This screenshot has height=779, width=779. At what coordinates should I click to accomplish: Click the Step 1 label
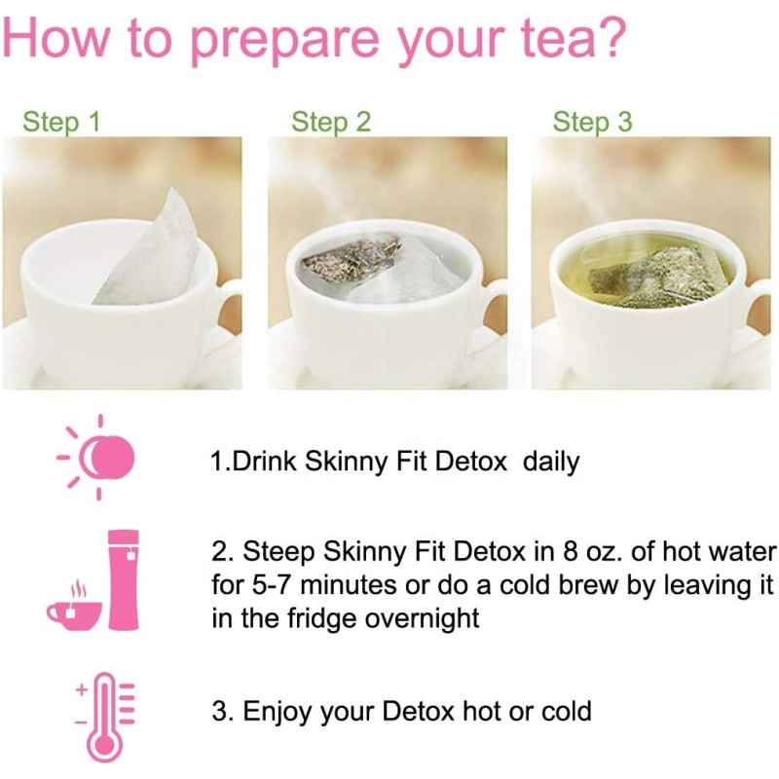coord(61,123)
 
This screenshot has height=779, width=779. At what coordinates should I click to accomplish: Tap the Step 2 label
coord(331,123)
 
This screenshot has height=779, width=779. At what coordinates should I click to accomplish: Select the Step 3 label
coord(592,123)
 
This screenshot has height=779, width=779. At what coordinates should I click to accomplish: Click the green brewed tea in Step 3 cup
coord(643,263)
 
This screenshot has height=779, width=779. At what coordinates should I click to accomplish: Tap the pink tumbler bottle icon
coord(124,580)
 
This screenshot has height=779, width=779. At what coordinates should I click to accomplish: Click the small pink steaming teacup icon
coord(74,608)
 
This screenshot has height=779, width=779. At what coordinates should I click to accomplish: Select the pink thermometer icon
coord(98,715)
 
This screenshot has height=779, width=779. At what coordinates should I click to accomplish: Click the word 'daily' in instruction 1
coord(551,462)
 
